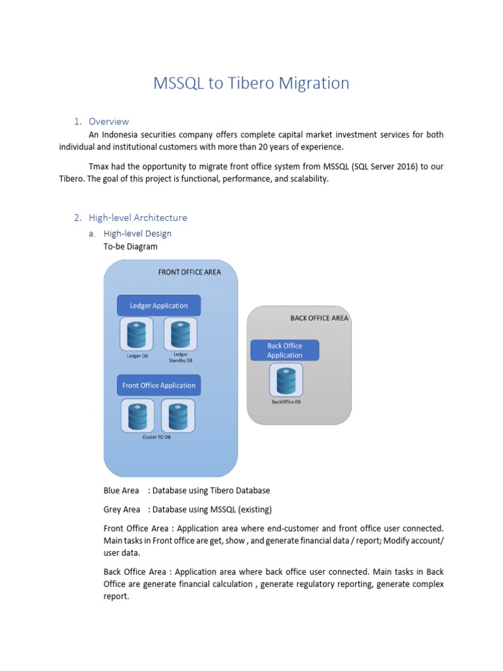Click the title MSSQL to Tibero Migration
(x=251, y=83)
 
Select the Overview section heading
(x=109, y=121)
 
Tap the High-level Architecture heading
(x=138, y=218)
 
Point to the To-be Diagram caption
(x=130, y=247)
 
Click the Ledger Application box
(x=158, y=305)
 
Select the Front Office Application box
(x=158, y=385)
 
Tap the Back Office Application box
(x=285, y=350)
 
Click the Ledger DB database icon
(x=136, y=334)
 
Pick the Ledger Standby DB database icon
(x=180, y=334)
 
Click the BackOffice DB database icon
(x=286, y=380)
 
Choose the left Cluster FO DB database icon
(x=138, y=415)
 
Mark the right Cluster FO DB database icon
(x=178, y=415)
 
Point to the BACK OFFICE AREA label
(x=319, y=318)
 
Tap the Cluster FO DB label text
(x=157, y=436)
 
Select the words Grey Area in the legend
(x=122, y=509)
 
